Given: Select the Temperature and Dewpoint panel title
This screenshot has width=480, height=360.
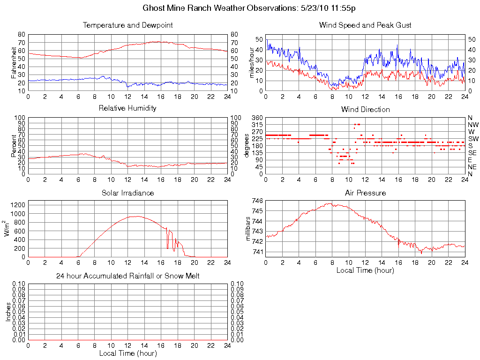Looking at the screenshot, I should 127,25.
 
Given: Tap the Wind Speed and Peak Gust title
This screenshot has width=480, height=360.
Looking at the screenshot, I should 365,25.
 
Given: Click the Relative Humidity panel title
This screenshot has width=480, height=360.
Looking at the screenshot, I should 127,108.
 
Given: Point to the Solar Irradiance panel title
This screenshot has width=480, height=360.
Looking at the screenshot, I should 127,193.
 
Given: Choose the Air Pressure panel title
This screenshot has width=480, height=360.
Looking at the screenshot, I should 365,193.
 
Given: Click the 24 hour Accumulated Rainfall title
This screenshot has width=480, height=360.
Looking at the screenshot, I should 127,276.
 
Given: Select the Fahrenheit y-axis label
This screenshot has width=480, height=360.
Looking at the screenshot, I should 13,62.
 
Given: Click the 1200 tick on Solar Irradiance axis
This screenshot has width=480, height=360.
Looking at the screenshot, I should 19,205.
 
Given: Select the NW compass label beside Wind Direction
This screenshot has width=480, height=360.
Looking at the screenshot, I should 472,125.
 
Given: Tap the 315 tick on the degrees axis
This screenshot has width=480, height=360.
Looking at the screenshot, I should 258,125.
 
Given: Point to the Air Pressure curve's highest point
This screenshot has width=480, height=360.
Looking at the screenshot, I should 330,203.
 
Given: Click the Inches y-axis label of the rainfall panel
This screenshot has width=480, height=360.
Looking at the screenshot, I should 8,312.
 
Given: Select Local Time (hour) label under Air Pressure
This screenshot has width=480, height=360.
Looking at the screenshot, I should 365,270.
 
